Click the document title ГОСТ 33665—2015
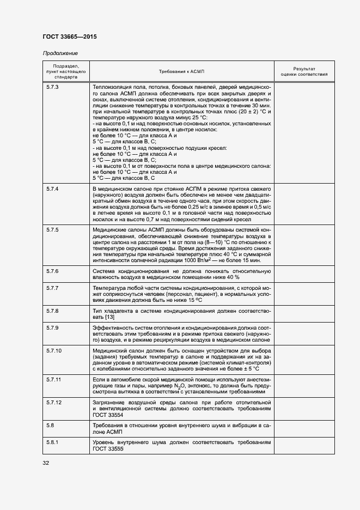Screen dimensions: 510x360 pyautogui.click(x=69, y=37)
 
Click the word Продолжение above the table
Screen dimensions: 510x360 pyautogui.click(x=60, y=53)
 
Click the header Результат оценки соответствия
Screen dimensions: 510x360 pyautogui.click(x=304, y=72)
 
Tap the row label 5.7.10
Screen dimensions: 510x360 pyautogui.click(x=54, y=351)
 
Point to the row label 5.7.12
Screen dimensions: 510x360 pyautogui.click(x=54, y=402)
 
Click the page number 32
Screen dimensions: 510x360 pyautogui.click(x=45, y=463)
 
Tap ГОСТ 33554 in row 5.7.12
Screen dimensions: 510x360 pyautogui.click(x=108, y=414)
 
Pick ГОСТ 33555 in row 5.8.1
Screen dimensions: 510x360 pyautogui.click(x=108, y=448)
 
